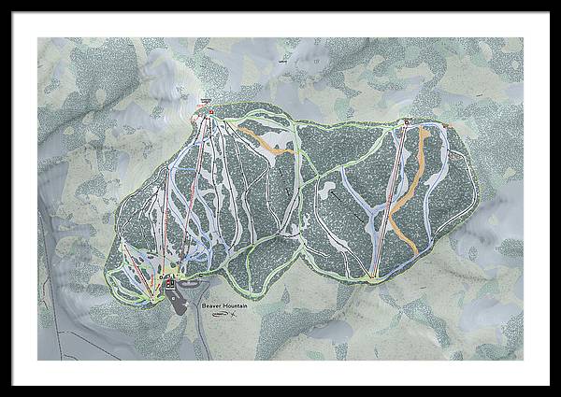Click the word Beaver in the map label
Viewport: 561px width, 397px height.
[x=211, y=305]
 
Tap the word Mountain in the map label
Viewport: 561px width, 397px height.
[x=237, y=305]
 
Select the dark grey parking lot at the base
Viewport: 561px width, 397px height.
[x=178, y=298]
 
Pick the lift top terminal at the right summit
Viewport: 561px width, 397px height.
[x=407, y=121]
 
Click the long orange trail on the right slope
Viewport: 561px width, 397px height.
[x=411, y=187]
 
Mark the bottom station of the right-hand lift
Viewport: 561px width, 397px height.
[x=374, y=276]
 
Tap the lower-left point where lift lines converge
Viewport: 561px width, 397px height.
[x=154, y=297]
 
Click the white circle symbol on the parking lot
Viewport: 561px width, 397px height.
[x=172, y=291]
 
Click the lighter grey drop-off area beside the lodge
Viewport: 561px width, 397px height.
[x=189, y=283]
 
